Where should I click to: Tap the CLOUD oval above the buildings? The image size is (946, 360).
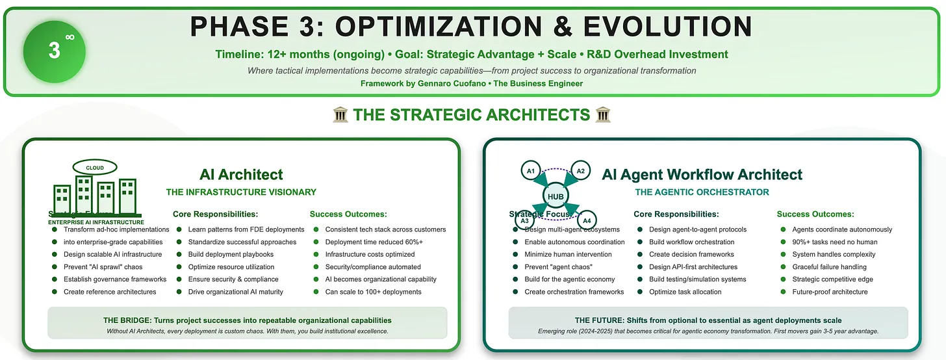(95, 168)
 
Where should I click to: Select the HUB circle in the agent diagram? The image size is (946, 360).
(556, 197)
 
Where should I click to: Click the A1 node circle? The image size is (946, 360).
(531, 172)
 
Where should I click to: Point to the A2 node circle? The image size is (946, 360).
(581, 172)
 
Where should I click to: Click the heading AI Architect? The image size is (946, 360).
(241, 174)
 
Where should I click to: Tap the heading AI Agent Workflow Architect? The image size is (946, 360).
(702, 174)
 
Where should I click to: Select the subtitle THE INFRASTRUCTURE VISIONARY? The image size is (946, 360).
(241, 192)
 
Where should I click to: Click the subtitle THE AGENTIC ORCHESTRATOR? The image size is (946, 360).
(702, 192)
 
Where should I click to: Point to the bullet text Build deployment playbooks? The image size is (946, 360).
(231, 254)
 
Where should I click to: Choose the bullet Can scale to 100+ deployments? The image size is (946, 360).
(373, 292)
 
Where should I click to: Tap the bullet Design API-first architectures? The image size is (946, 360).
(693, 267)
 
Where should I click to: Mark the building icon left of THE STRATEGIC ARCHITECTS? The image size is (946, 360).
(340, 116)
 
